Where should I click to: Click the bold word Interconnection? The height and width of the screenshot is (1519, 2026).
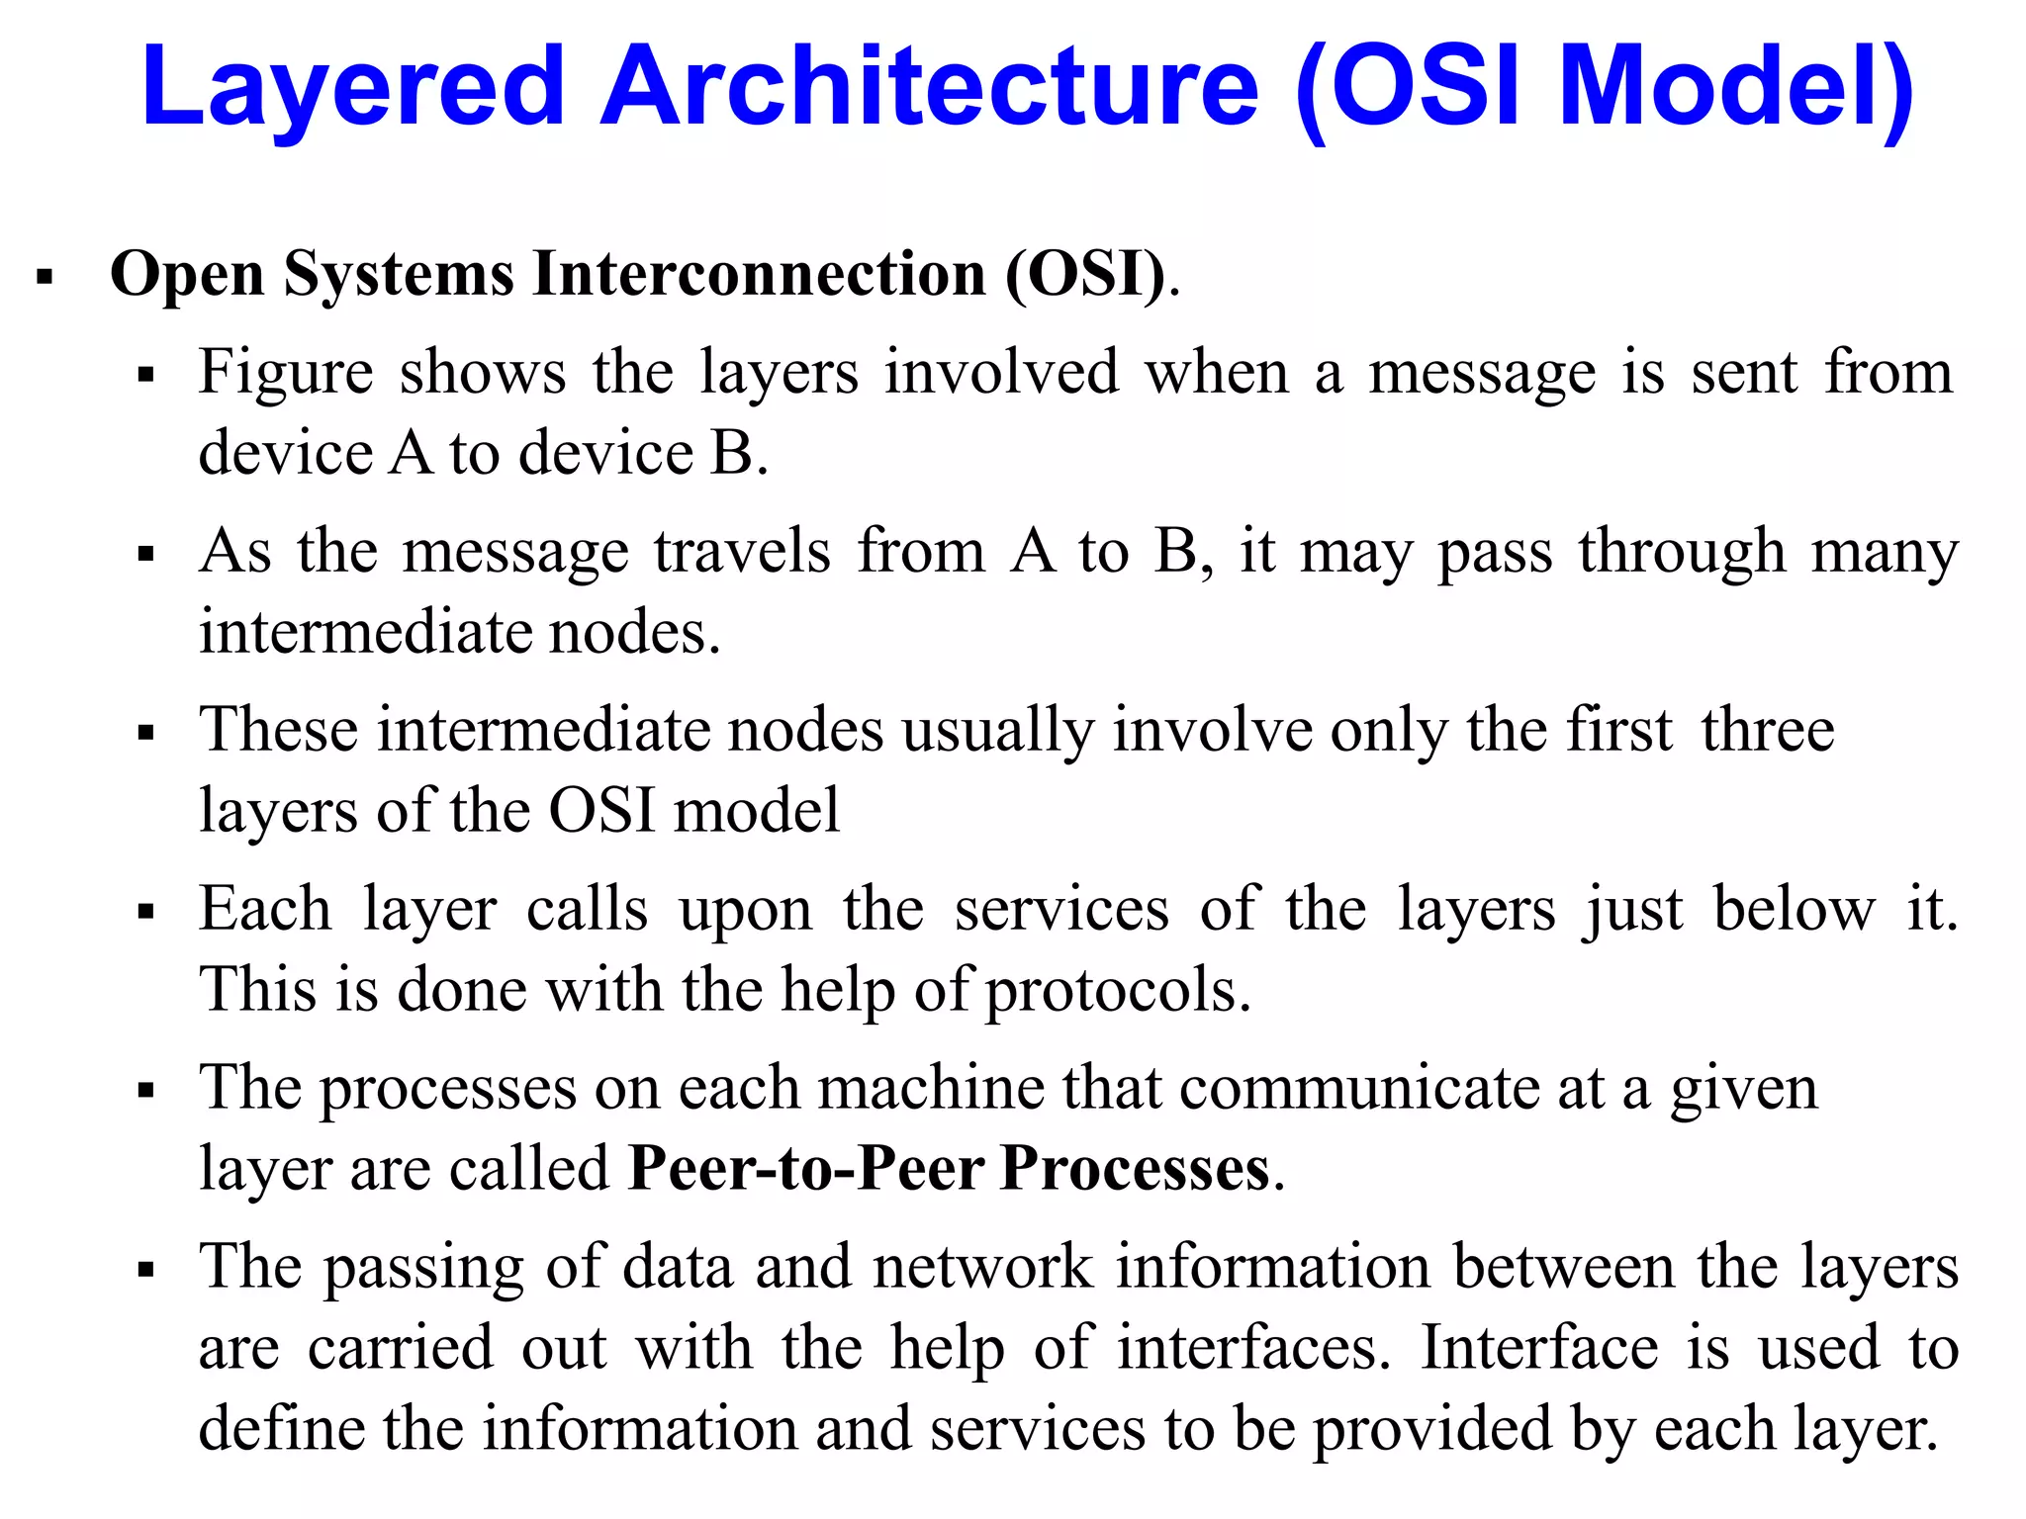pyautogui.click(x=760, y=274)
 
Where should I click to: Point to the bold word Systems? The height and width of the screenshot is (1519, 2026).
pyautogui.click(x=399, y=274)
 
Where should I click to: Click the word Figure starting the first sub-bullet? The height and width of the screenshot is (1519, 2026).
pyautogui.click(x=286, y=374)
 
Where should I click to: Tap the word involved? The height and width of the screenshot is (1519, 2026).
pyautogui.click(x=1001, y=374)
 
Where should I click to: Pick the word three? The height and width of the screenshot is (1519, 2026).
pyautogui.click(x=1768, y=732)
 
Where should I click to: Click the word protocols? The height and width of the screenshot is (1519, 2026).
pyautogui.click(x=1118, y=991)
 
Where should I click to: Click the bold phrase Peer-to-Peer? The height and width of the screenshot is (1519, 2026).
pyautogui.click(x=805, y=1170)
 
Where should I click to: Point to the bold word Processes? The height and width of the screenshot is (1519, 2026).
pyautogui.click(x=1135, y=1170)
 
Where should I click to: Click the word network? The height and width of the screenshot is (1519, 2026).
pyautogui.click(x=983, y=1268)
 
